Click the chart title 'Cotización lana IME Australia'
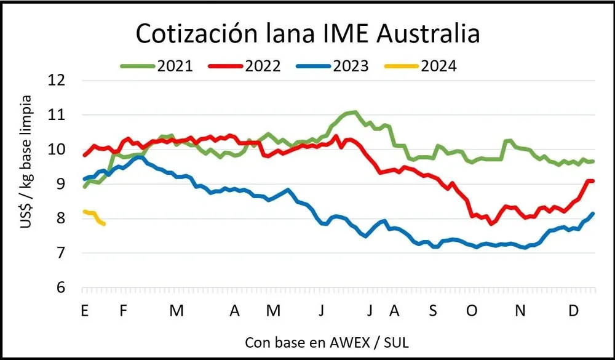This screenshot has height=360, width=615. coord(307,34)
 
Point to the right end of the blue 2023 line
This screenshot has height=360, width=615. coord(593,214)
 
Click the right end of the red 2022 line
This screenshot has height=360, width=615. coord(592,181)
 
